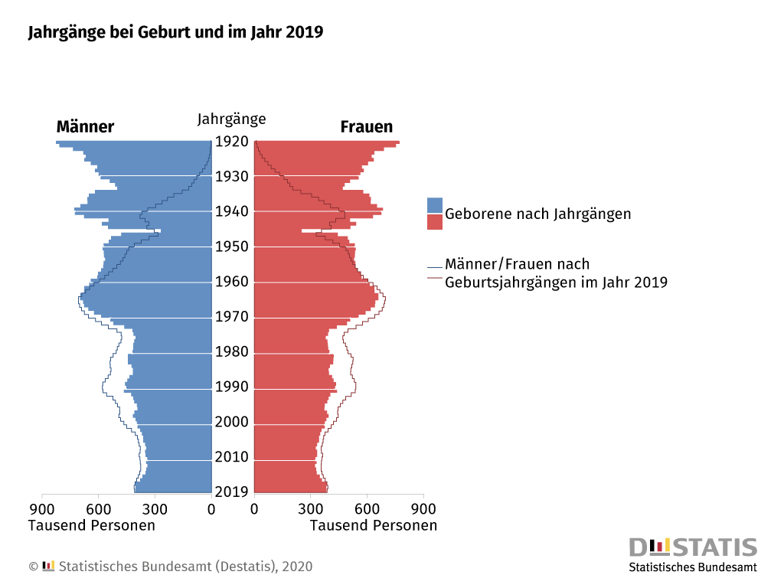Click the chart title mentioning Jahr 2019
[x=175, y=32]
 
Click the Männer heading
[x=85, y=127]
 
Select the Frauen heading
[x=367, y=127]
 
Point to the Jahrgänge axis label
[x=232, y=119]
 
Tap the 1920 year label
[x=232, y=142]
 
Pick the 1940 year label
[x=232, y=211]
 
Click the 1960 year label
[x=232, y=282]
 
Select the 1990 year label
[x=232, y=387]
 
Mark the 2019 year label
[x=232, y=492]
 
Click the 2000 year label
[x=232, y=423]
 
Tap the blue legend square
[x=435, y=205]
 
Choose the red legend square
[x=435, y=222]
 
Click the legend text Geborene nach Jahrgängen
[x=538, y=214]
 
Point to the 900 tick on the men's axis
[x=42, y=508]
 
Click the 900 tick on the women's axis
[x=423, y=508]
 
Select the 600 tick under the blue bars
[x=99, y=508]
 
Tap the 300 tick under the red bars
[x=311, y=508]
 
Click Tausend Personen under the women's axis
[x=374, y=525]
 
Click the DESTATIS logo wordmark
[x=693, y=547]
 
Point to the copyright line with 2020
[x=171, y=567]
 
